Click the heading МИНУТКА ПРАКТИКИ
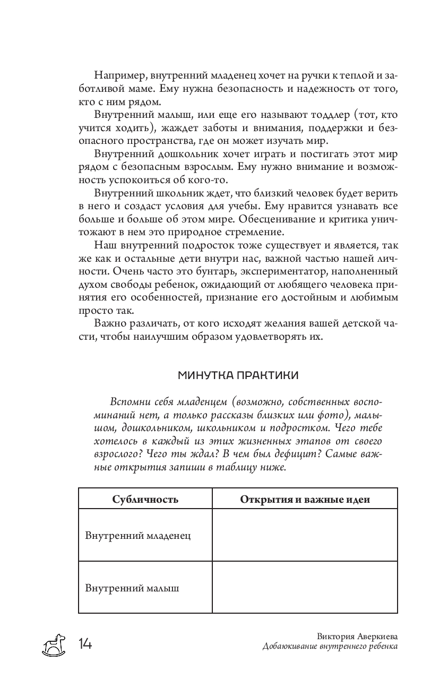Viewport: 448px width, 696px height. (238, 375)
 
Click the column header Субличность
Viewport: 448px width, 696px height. (145, 499)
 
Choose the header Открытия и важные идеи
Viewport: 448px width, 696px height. (305, 499)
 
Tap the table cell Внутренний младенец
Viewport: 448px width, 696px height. (138, 535)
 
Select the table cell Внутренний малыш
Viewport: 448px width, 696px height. (132, 588)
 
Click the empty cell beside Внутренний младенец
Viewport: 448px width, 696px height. (305, 535)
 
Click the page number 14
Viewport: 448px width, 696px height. (85, 644)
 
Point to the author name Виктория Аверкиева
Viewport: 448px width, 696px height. (357, 637)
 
